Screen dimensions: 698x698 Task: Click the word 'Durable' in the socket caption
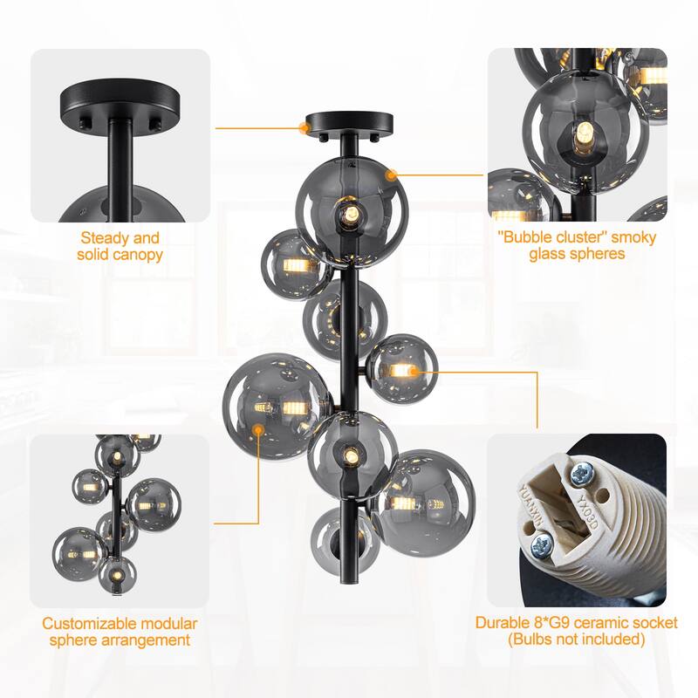click(500, 624)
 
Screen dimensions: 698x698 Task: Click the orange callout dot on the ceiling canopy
click(305, 127)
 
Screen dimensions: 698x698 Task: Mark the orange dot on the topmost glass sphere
click(391, 174)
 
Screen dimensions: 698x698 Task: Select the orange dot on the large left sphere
click(259, 428)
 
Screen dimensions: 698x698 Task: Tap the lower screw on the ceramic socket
click(539, 547)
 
